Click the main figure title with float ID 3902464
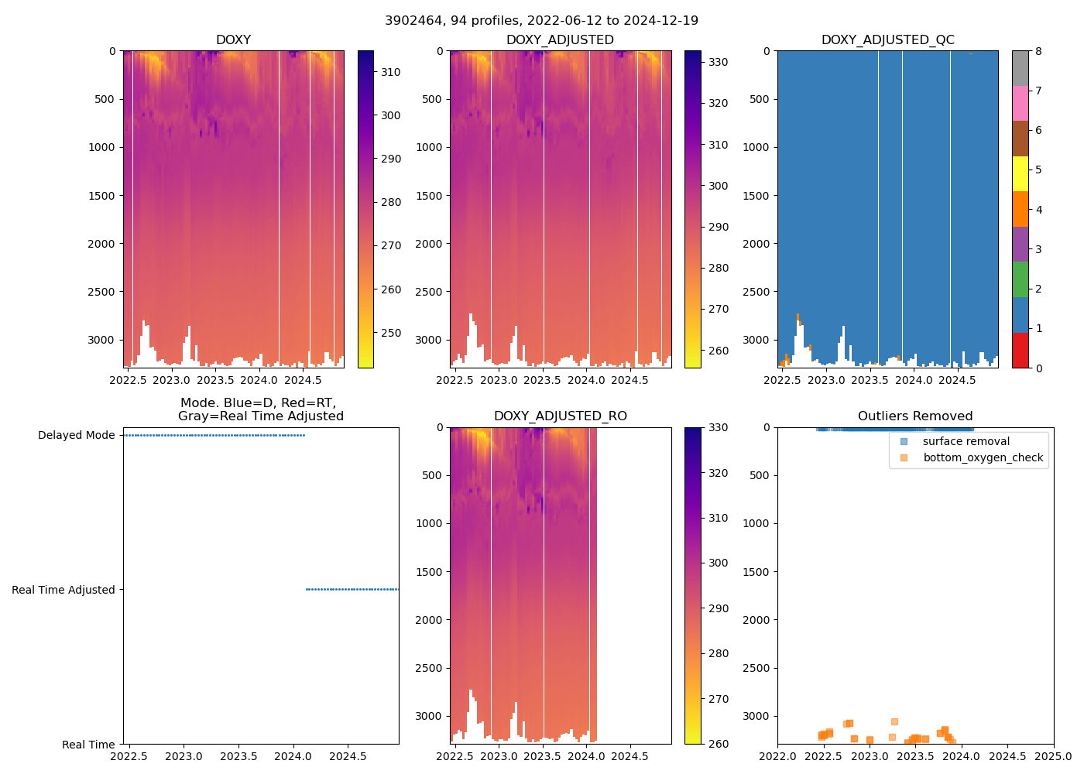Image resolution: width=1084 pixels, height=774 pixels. coord(541,21)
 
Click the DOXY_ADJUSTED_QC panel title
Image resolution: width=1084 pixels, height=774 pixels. coord(887,40)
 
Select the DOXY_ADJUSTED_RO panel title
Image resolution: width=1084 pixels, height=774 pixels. coord(561,416)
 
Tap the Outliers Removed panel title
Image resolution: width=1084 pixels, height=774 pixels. coord(915,416)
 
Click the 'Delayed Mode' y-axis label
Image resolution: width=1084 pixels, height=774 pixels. coord(76,436)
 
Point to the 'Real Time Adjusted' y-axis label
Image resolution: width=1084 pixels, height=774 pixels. coord(63,590)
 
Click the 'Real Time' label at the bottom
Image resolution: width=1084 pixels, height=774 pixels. coord(88,745)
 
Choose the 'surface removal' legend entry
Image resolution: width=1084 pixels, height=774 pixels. coord(966,441)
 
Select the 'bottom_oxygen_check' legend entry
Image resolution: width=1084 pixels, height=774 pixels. coord(983,457)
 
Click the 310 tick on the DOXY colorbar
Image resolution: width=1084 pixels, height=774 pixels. coord(390,72)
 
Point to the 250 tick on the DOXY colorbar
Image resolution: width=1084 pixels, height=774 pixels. coord(390,333)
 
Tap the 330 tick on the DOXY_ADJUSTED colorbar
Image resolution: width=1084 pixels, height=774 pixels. coord(718,62)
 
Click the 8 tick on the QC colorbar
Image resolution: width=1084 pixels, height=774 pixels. coord(1038,51)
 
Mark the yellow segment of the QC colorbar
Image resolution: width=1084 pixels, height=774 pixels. coord(1021,174)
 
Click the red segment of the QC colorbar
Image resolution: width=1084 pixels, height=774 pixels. coord(1021,350)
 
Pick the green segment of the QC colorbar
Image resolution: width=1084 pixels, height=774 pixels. coord(1021,279)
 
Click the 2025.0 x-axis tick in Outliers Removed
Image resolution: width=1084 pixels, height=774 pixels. coord(1054,756)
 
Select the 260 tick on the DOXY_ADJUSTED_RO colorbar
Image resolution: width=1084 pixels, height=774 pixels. coord(718,744)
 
